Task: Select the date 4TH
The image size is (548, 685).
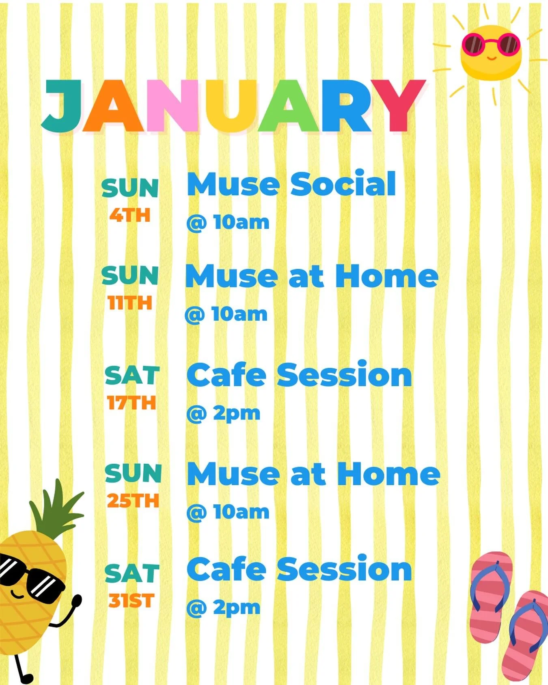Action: [x=130, y=216]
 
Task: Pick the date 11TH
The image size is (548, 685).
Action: [x=130, y=303]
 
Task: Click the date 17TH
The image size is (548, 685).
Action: [x=132, y=403]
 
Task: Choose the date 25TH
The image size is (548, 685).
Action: [x=133, y=501]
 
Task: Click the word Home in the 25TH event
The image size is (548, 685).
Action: [x=388, y=474]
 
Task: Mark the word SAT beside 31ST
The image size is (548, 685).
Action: [x=132, y=574]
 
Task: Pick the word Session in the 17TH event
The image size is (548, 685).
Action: [x=344, y=375]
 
